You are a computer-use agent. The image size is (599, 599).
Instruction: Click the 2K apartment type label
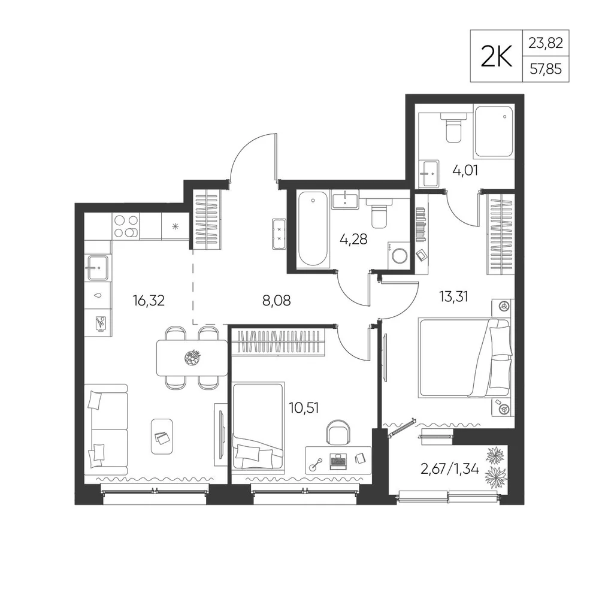click(496, 56)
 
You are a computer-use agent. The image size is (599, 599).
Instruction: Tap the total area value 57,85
click(546, 69)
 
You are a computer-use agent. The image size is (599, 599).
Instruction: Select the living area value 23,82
click(546, 43)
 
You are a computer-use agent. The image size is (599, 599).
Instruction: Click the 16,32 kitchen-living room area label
click(149, 300)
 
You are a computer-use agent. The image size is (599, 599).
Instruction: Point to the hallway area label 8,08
click(276, 300)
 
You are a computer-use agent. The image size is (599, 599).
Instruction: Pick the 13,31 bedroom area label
click(453, 296)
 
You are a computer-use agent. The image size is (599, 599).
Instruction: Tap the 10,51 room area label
click(304, 408)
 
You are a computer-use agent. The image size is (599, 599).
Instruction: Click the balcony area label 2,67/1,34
click(450, 468)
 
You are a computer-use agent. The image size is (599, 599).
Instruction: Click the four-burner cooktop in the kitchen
click(126, 226)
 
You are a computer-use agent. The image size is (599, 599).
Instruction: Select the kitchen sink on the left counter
click(98, 268)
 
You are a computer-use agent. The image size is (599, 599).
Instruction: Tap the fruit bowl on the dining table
click(192, 358)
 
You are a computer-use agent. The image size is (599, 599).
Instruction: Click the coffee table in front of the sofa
click(162, 436)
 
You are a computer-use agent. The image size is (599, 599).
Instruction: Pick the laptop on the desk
click(338, 461)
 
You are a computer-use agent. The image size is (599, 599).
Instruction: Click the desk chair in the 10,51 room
click(338, 432)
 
